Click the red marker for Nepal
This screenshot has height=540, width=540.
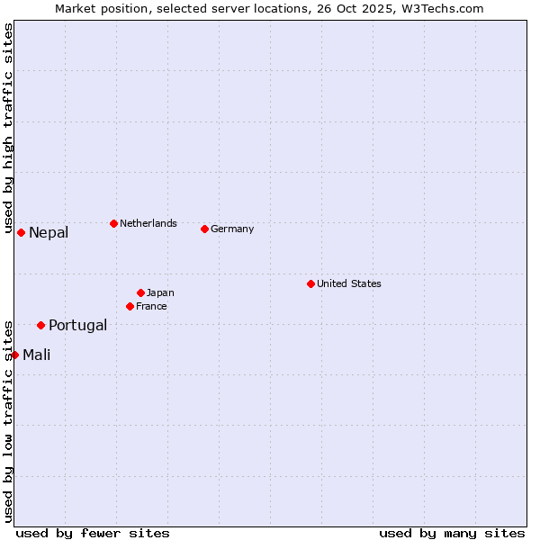pyautogui.click(x=21, y=232)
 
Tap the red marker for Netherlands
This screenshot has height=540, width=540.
pyautogui.click(x=113, y=223)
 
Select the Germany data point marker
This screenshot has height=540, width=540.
pyautogui.click(x=204, y=229)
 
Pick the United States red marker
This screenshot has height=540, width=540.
pyautogui.click(x=310, y=283)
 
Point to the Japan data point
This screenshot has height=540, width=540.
pyautogui.click(x=140, y=292)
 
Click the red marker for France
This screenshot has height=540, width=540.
pyautogui.click(x=130, y=306)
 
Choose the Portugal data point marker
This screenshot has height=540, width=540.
pyautogui.click(x=40, y=325)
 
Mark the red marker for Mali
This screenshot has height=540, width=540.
pyautogui.click(x=14, y=355)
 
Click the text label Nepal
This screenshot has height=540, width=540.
pyautogui.click(x=49, y=233)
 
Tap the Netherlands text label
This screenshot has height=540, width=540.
pyautogui.click(x=148, y=223)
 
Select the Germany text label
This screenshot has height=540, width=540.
pyautogui.click(x=232, y=229)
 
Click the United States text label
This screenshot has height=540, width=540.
pyautogui.click(x=349, y=283)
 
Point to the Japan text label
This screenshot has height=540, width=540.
pyautogui.click(x=160, y=292)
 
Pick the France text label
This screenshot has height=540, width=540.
pyautogui.click(x=151, y=306)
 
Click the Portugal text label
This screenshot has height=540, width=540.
pyautogui.click(x=77, y=326)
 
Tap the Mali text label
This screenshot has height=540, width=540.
pyautogui.click(x=37, y=355)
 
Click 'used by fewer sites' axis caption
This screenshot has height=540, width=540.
pyautogui.click(x=93, y=533)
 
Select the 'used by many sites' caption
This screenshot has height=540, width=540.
pyautogui.click(x=452, y=533)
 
